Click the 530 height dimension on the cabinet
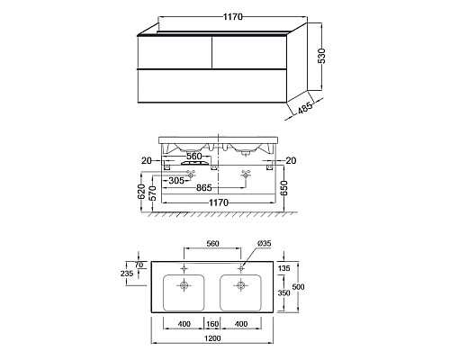coord(322,56)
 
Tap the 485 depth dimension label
coord(305,108)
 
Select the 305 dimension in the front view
coord(176,181)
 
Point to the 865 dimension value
coord(204,188)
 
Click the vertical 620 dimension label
coord(141,192)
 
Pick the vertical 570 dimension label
coord(152,193)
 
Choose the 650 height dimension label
coord(283,188)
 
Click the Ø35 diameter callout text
coord(265,243)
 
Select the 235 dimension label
coord(127,274)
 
